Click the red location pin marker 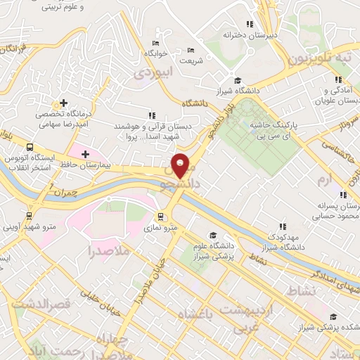(181, 165)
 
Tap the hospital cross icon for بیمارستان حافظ (86, 153)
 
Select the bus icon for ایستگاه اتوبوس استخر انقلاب (30, 147)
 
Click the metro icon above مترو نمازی (161, 216)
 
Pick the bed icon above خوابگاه (155, 43)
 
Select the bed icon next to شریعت (191, 51)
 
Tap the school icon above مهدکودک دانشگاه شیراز (282, 226)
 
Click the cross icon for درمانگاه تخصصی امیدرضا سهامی (63, 103)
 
